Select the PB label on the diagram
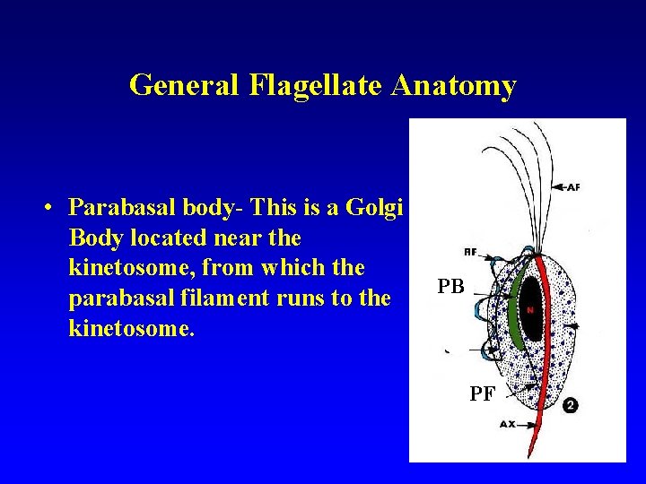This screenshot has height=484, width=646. [450, 287]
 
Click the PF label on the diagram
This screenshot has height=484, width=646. [482, 392]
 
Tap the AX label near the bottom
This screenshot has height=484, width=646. [508, 424]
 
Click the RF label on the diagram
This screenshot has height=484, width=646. [470, 251]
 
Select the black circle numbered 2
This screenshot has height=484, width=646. [570, 406]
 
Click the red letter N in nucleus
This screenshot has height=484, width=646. [530, 310]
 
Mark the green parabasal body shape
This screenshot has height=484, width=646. [515, 309]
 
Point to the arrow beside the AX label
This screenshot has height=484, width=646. [529, 424]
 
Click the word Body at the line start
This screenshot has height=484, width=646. [93, 238]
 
